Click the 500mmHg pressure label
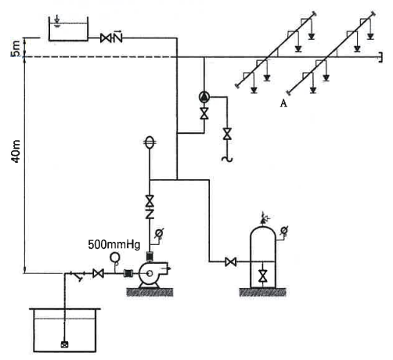point(114,245)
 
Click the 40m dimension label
point(16,151)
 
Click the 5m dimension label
point(16,49)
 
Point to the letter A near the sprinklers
point(283,103)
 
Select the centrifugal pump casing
point(151,273)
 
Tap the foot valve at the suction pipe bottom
point(64,344)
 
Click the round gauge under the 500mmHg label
point(114,257)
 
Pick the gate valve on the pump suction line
point(98,273)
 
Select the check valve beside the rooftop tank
point(117,37)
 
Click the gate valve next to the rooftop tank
point(105,38)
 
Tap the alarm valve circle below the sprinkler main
point(204,97)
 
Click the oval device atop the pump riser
point(150,142)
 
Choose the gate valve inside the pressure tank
point(262,276)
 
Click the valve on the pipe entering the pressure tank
point(231,261)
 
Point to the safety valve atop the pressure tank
point(264,218)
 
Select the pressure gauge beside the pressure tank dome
point(283,231)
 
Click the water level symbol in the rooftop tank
point(57,22)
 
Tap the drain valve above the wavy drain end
point(227,134)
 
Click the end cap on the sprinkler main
point(380,57)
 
